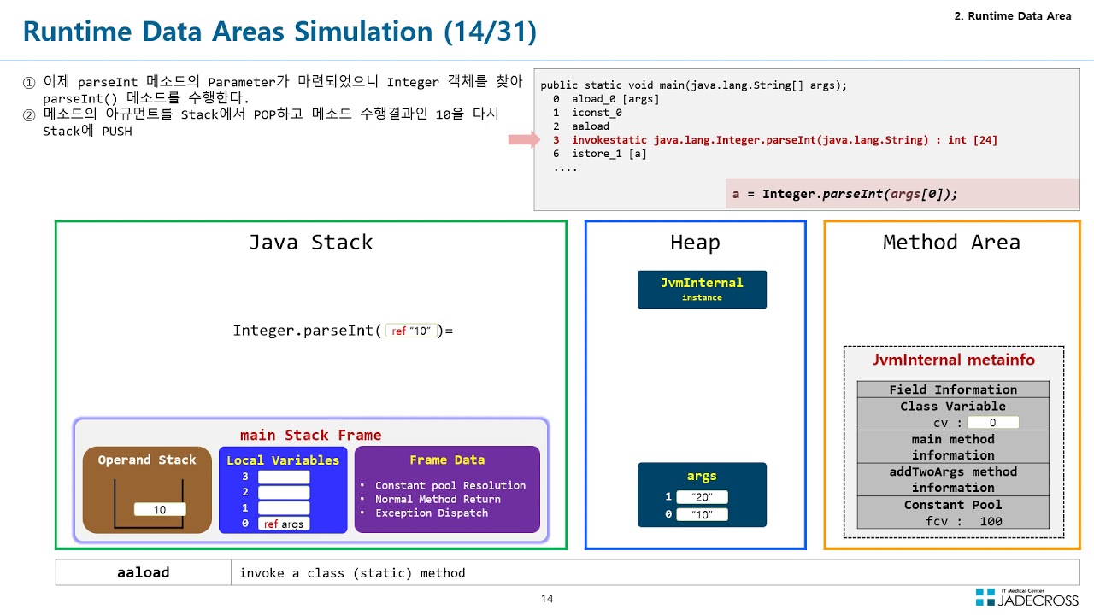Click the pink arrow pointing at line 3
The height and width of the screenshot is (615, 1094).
click(522, 140)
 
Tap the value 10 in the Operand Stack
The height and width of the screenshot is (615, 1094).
click(160, 510)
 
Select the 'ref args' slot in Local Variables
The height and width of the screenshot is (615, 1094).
click(283, 524)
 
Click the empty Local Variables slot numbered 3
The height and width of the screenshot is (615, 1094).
click(284, 477)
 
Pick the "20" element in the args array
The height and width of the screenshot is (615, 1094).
click(702, 497)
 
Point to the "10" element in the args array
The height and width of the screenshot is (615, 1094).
click(702, 514)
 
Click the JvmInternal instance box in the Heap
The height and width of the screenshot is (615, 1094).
click(702, 290)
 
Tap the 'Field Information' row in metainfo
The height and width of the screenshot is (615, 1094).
click(953, 389)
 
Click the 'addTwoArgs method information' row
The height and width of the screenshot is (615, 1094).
click(953, 479)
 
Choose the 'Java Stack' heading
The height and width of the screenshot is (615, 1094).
click(310, 243)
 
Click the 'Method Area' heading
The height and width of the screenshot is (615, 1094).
click(951, 243)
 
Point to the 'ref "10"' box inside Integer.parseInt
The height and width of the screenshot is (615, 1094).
click(411, 331)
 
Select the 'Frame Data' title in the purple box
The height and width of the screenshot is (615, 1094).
click(446, 460)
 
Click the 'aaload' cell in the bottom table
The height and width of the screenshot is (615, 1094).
click(143, 572)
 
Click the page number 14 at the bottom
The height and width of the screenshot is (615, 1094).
click(547, 599)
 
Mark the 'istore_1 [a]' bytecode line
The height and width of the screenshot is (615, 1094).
click(609, 154)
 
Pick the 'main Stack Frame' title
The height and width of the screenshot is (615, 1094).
click(310, 436)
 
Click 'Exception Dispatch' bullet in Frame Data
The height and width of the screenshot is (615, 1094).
click(432, 512)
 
